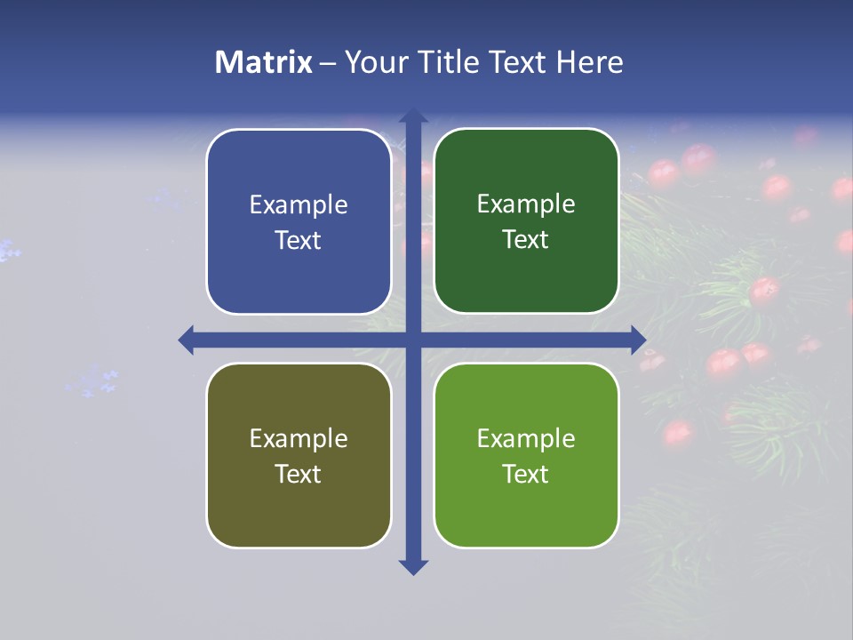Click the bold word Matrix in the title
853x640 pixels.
(264, 62)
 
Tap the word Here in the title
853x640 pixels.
(589, 62)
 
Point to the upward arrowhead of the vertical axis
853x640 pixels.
(413, 116)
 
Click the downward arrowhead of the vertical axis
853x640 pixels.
(413, 566)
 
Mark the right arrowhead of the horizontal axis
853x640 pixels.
(638, 340)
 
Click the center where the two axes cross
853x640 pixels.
(413, 340)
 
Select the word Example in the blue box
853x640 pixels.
(299, 205)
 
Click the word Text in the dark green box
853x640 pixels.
(526, 240)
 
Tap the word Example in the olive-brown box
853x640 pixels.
(299, 438)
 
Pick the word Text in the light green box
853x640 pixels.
(526, 474)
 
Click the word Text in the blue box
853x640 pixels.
(299, 241)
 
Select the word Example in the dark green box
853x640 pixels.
(526, 204)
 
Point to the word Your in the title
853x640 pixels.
(373, 62)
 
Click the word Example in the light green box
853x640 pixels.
(526, 438)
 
